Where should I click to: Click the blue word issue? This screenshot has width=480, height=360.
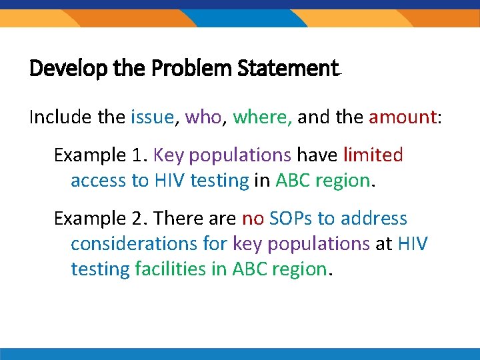pyautogui.click(x=152, y=117)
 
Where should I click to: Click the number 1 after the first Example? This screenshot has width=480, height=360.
pyautogui.click(x=136, y=155)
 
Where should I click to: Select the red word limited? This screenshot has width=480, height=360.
pyautogui.click(x=373, y=155)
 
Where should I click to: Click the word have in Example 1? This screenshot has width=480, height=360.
pyautogui.click(x=317, y=155)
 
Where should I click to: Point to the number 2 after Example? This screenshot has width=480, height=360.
pyautogui.click(x=137, y=218)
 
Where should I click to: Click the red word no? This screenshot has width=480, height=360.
pyautogui.click(x=253, y=218)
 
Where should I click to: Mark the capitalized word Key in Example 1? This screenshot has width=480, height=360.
pyautogui.click(x=167, y=155)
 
